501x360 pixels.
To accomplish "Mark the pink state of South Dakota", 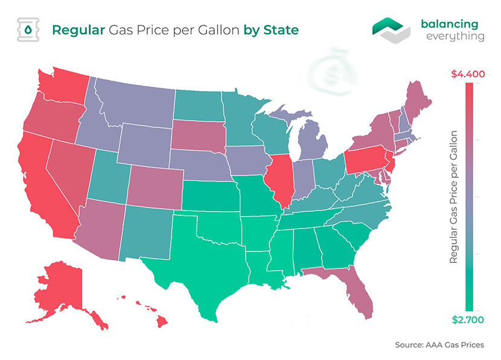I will click(x=198, y=136).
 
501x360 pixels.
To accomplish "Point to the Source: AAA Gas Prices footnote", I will click(x=439, y=345).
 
